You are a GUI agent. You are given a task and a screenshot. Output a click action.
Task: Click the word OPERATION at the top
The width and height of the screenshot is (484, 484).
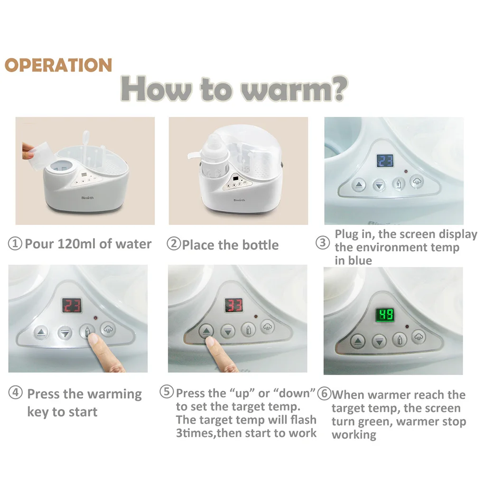pos(58,65)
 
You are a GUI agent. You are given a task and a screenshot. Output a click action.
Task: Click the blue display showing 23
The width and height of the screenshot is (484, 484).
pos(385,160)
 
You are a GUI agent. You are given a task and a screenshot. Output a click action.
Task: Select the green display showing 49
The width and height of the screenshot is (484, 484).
pos(385,315)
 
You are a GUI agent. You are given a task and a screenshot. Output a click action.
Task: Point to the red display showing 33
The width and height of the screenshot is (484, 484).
pos(233,305)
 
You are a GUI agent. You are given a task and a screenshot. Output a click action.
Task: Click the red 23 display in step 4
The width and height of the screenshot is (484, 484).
pos(72,305)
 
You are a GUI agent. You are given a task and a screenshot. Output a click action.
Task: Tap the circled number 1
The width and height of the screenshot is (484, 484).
pos(15,243)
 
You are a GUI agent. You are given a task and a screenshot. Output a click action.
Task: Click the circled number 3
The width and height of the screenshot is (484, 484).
pos(323,242)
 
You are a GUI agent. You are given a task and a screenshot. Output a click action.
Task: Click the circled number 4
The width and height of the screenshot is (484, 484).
pos(16,392)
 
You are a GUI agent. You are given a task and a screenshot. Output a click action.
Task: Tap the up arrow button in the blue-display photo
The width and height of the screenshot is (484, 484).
pos(358,185)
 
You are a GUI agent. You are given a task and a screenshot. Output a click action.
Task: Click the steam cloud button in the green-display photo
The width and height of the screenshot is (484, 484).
pos(419,337)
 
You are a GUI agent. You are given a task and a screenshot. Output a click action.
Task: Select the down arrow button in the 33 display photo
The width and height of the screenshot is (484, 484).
pos(228,332)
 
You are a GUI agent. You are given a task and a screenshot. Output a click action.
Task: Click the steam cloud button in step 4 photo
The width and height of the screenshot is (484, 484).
pos(108,329)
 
